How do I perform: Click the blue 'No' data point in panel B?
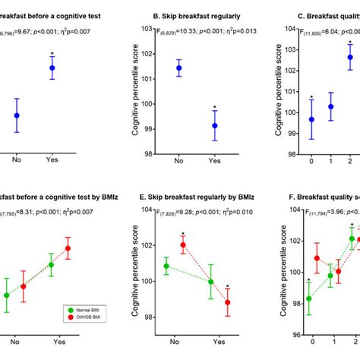(x=178, y=68)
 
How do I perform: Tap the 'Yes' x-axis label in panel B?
(x=215, y=161)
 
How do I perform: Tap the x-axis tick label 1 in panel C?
(x=330, y=161)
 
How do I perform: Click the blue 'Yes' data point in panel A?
(x=52, y=68)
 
